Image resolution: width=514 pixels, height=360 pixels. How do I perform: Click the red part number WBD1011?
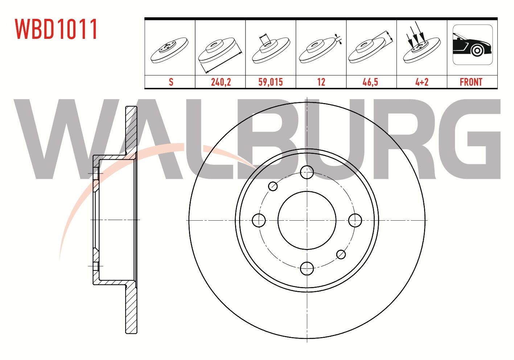56,29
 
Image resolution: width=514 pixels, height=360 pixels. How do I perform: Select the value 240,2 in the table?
221,82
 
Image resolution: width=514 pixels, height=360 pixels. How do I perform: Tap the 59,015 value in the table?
271,82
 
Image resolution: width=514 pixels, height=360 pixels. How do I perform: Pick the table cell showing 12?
321,82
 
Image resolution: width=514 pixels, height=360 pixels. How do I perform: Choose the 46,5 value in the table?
370,82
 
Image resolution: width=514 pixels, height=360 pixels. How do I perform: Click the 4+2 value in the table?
422,82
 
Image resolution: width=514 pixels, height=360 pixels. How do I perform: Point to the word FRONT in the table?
471,82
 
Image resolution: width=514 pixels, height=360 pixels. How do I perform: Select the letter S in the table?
171,82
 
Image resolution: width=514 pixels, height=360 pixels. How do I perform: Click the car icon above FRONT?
473,45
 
